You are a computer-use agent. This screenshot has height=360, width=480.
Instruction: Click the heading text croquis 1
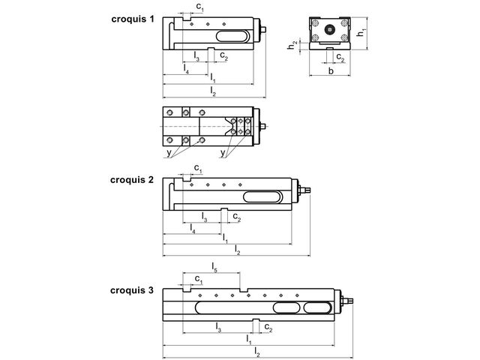[x=133, y=19]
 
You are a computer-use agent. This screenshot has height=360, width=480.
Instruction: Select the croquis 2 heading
[x=132, y=180]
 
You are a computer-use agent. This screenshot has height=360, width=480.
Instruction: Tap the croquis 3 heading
[x=132, y=290]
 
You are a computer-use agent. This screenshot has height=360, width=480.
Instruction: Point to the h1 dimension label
[x=361, y=32]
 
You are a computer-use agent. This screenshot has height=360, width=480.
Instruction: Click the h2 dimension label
[x=292, y=45]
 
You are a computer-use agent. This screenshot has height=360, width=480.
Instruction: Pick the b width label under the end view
[x=331, y=71]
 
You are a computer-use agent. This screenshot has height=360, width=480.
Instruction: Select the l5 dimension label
[x=214, y=267]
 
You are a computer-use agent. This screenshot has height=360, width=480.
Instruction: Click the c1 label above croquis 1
[x=199, y=7]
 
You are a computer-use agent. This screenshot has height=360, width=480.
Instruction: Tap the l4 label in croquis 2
[x=192, y=228]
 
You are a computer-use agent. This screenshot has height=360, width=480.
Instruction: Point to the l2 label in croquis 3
[x=257, y=352]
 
